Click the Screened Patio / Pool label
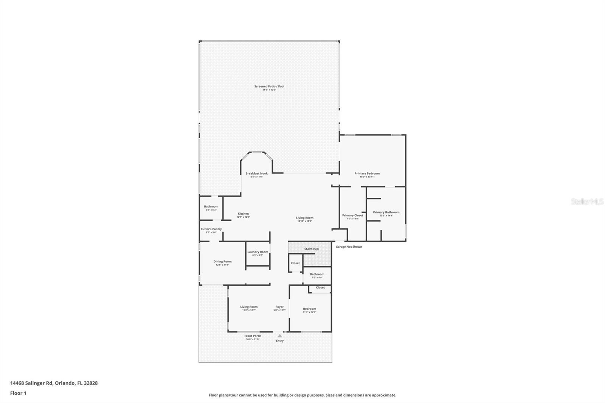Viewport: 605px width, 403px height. [269, 87]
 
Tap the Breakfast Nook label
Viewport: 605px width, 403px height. [256, 174]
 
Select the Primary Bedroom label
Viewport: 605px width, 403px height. [367, 174]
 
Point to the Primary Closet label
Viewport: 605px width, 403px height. [352, 215]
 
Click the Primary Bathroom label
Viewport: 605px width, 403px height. [386, 212]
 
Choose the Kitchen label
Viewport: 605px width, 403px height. [243, 214]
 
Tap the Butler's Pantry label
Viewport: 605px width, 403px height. [211, 229]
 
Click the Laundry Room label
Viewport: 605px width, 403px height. [258, 252]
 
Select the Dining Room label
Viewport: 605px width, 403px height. [222, 262]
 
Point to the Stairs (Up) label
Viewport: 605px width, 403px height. [312, 249]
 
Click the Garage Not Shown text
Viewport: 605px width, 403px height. [349, 247]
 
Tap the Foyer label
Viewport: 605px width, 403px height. [279, 307]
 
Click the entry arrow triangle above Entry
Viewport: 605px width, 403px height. [279, 336]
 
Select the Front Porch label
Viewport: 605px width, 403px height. [253, 336]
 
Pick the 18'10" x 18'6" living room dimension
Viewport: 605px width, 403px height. [304, 221]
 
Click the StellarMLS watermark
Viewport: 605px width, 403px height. [587, 202]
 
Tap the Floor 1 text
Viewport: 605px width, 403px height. [18, 393]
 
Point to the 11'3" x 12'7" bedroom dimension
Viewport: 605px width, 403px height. [309, 312]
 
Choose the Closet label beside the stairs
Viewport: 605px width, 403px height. [295, 263]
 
